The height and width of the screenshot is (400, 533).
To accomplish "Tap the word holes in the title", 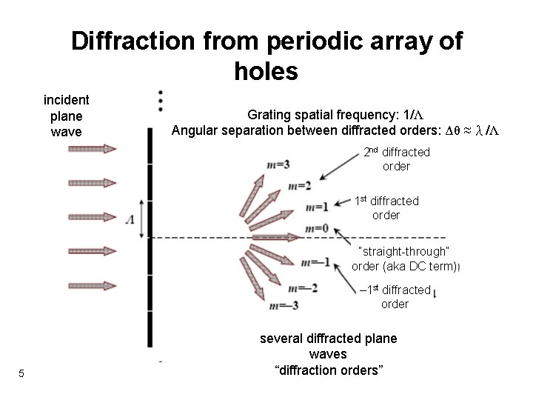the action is pos(266,71).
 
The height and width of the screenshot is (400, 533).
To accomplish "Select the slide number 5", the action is pos(21,373).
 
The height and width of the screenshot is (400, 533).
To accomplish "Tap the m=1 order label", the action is pos(315,207).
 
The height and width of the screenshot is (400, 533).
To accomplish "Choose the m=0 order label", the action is pos(316,227).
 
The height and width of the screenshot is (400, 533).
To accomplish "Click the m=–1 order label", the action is pos(315,262).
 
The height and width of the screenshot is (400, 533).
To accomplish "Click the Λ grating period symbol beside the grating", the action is pos(130,219).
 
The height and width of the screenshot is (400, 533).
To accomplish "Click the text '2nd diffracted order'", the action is pos(396,159).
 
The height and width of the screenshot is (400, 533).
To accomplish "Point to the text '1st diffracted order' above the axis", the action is pos(386,208).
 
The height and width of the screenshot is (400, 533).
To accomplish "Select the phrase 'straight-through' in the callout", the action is pos(403,252).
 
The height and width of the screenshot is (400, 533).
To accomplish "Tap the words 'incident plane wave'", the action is pos(67,116).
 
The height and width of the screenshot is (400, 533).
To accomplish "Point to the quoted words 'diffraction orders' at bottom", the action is pos(328,369).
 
